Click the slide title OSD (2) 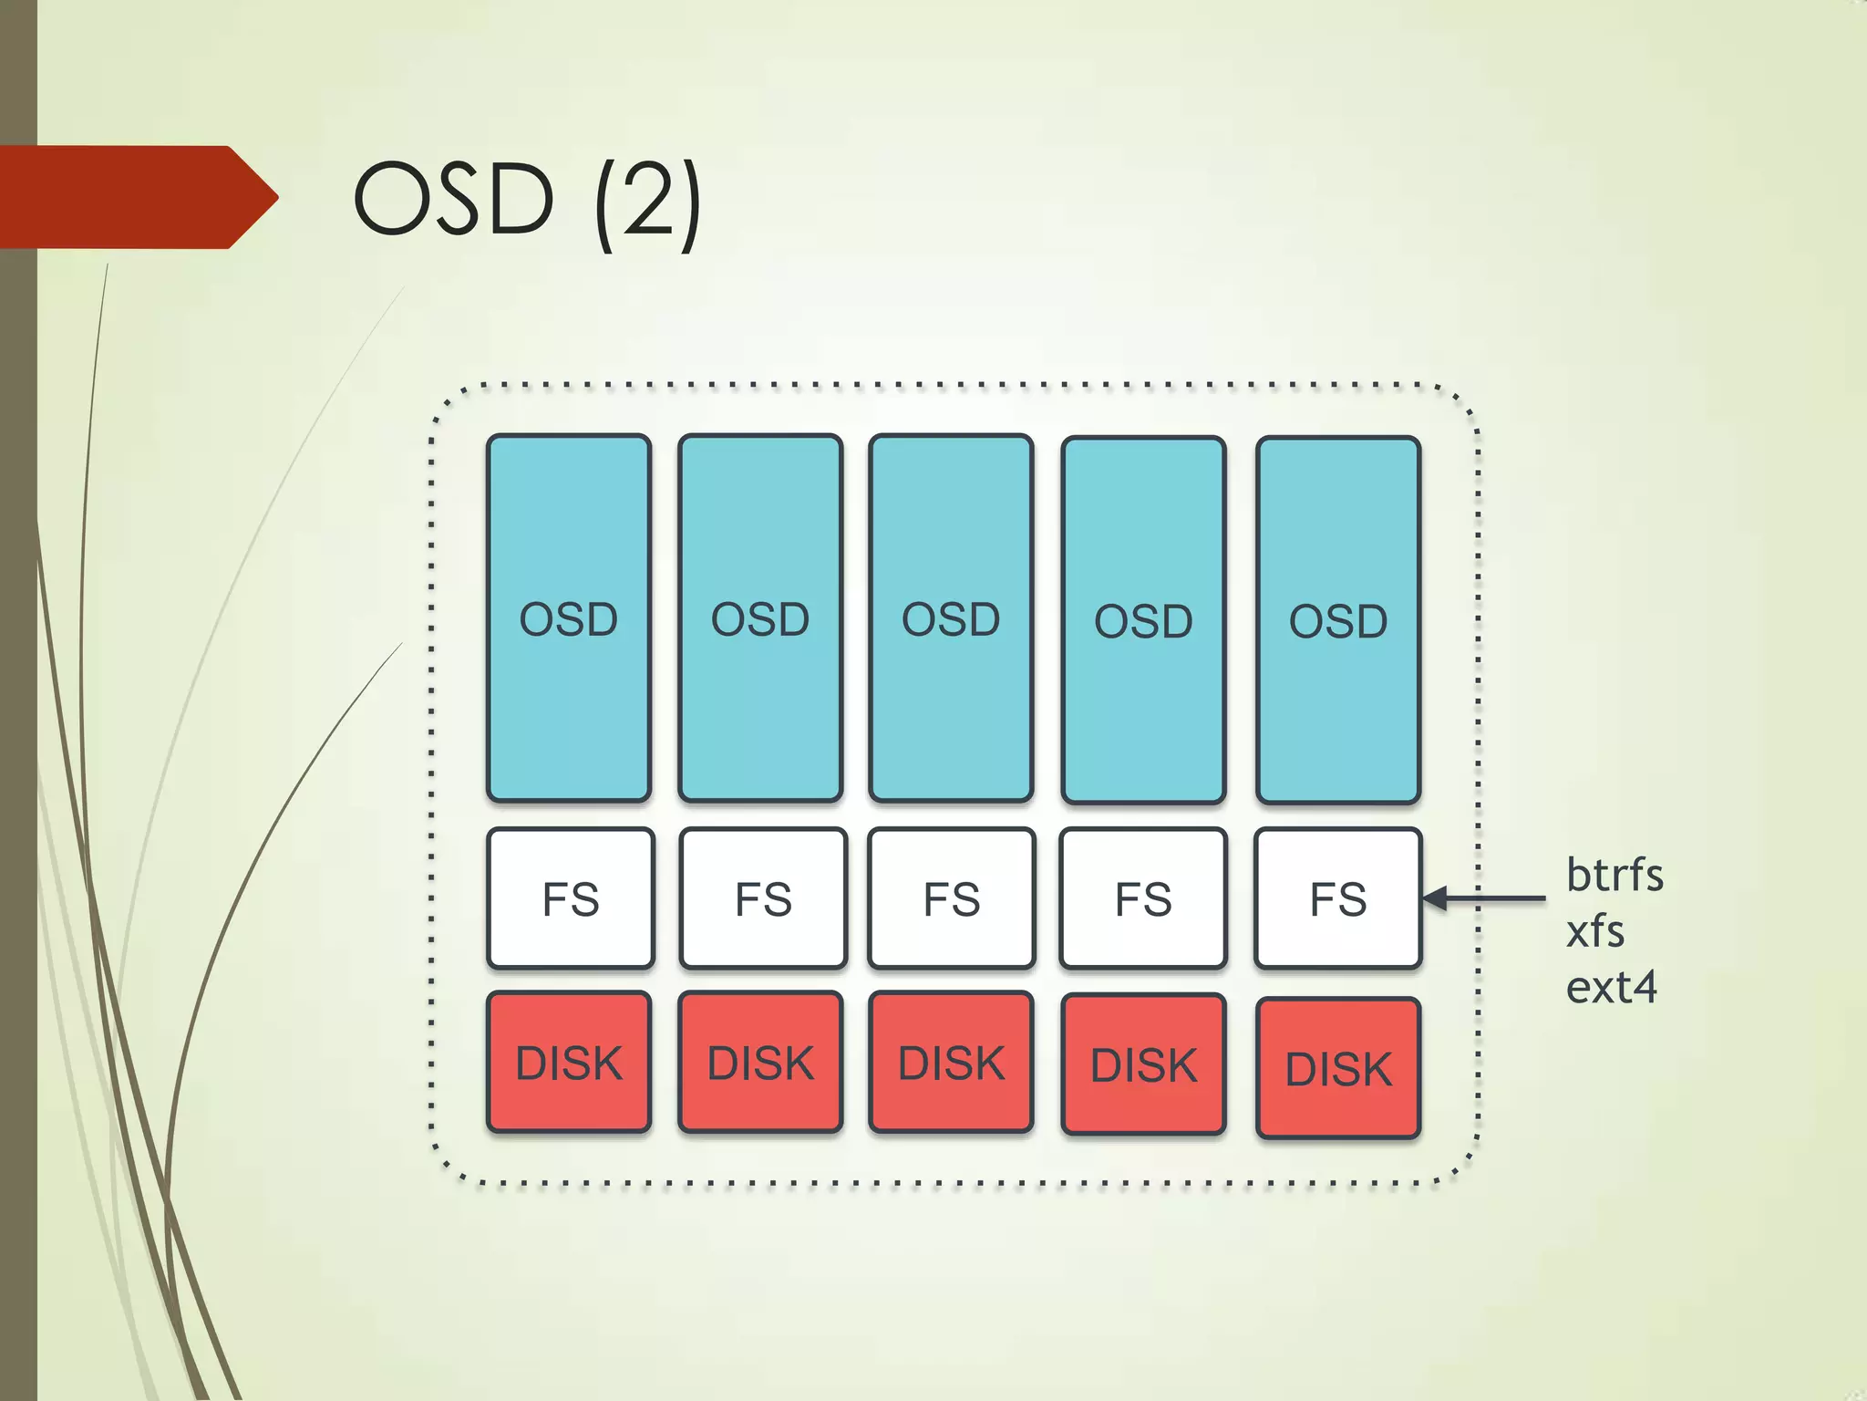pyautogui.click(x=527, y=200)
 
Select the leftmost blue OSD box pyautogui.click(x=569, y=618)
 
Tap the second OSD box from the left pyautogui.click(x=760, y=618)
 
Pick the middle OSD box pyautogui.click(x=951, y=618)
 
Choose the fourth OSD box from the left pyautogui.click(x=1143, y=620)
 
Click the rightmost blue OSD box pyautogui.click(x=1338, y=620)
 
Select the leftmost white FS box pyautogui.click(x=571, y=898)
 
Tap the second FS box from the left pyautogui.click(x=763, y=898)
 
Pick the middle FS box pyautogui.click(x=952, y=898)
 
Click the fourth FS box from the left pyautogui.click(x=1143, y=898)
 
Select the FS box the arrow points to pyautogui.click(x=1338, y=898)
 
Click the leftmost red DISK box pyautogui.click(x=569, y=1063)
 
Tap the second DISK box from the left pyautogui.click(x=760, y=1063)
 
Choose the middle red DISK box pyautogui.click(x=951, y=1063)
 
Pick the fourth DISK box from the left pyautogui.click(x=1143, y=1064)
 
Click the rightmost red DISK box pyautogui.click(x=1338, y=1068)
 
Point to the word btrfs pyautogui.click(x=1614, y=875)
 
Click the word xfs pyautogui.click(x=1595, y=931)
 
